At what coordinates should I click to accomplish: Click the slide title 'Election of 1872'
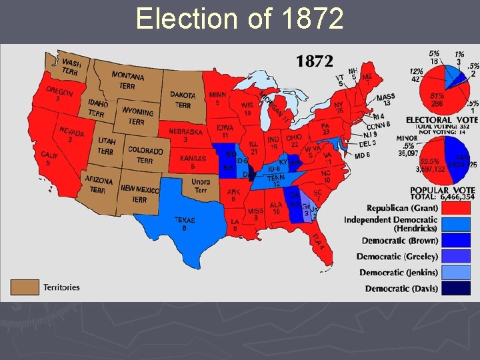tap(239, 19)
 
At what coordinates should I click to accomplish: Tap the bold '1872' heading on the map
tap(314, 61)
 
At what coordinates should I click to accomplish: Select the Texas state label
tap(185, 223)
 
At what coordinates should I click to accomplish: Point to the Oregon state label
tap(59, 94)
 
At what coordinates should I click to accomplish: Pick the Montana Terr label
tap(128, 80)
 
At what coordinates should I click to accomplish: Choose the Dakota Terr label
tap(183, 100)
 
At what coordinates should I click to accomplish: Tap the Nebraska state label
tap(185, 135)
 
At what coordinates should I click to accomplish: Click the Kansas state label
tap(193, 162)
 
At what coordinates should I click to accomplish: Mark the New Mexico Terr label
tap(139, 194)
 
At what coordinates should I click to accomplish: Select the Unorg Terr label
tap(201, 186)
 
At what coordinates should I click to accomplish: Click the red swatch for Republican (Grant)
tap(458, 207)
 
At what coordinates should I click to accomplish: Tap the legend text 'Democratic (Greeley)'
tap(397, 257)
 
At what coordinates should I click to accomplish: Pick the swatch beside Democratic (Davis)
tap(458, 288)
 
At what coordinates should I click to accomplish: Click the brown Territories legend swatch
tap(24, 287)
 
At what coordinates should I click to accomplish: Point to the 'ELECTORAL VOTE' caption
tap(441, 120)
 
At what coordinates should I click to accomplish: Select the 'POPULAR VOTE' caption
tap(442, 190)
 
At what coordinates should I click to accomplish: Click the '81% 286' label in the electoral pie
tap(437, 100)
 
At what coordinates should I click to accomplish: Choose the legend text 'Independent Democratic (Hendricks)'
tap(391, 224)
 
